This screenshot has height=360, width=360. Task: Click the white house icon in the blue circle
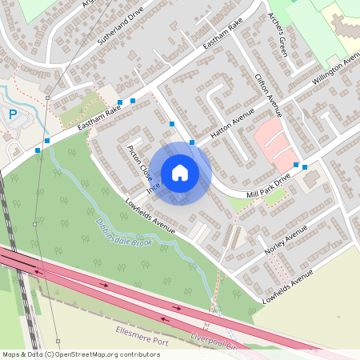click(180, 172)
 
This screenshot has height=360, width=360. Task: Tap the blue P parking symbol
click(13, 114)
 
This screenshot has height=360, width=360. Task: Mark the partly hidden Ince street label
click(154, 186)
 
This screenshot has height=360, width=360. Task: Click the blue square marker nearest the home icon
click(192, 142)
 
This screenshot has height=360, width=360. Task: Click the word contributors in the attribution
click(135, 354)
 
